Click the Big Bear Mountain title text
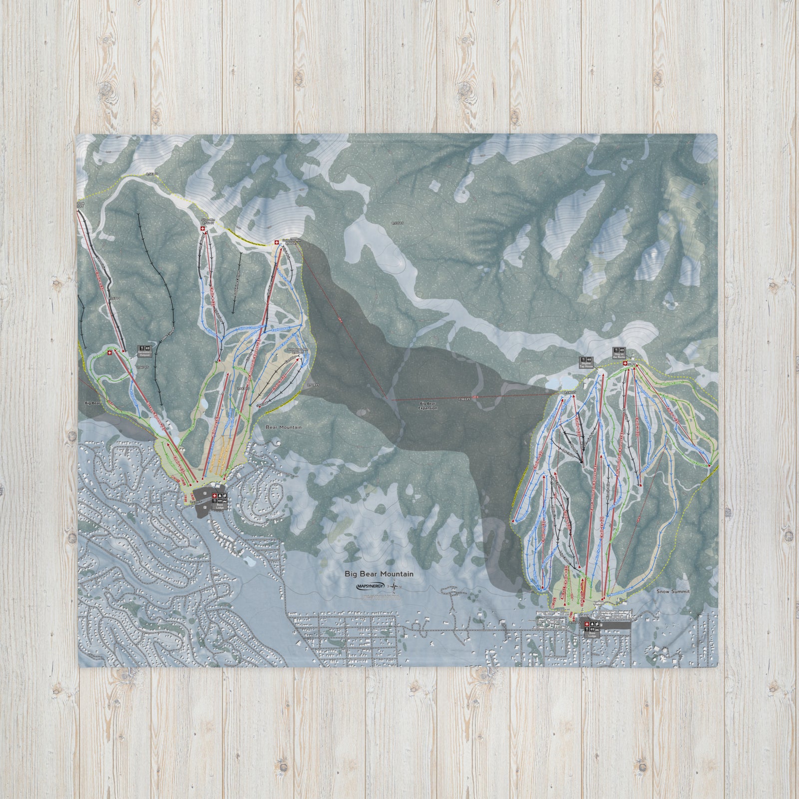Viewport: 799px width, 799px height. tap(379, 574)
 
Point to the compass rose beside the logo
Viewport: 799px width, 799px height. tap(395, 587)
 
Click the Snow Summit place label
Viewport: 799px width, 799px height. tap(673, 591)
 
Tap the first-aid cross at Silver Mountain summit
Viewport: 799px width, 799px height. tap(202, 229)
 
